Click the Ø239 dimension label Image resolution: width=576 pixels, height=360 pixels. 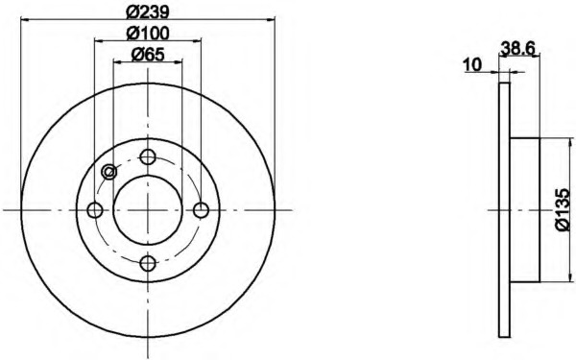click(147, 12)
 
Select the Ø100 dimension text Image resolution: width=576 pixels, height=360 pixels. click(148, 34)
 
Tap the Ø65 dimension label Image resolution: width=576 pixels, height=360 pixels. click(148, 55)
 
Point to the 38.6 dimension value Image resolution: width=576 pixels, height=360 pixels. click(518, 48)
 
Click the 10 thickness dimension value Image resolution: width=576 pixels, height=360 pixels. click(472, 65)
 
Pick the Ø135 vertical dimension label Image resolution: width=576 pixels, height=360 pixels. click(563, 210)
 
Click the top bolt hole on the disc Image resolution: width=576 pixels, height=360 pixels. click(148, 157)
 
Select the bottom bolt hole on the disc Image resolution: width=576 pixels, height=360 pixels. click(148, 263)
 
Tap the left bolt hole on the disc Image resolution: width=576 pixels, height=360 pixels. click(95, 210)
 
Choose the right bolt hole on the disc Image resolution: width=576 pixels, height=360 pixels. click(201, 210)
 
